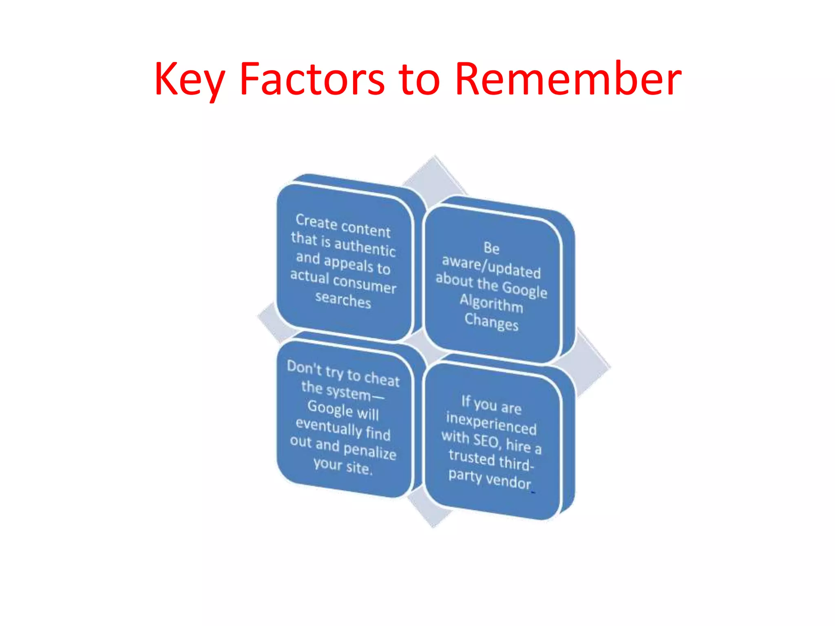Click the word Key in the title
pyautogui.click(x=189, y=79)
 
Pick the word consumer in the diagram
pyautogui.click(x=364, y=283)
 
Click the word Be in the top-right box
pyautogui.click(x=491, y=248)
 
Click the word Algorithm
pyautogui.click(x=491, y=303)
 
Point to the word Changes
pyautogui.click(x=491, y=322)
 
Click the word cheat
pyautogui.click(x=382, y=379)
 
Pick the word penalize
pyautogui.click(x=370, y=451)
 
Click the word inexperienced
pyautogui.click(x=491, y=423)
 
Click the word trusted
pyautogui.click(x=472, y=457)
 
